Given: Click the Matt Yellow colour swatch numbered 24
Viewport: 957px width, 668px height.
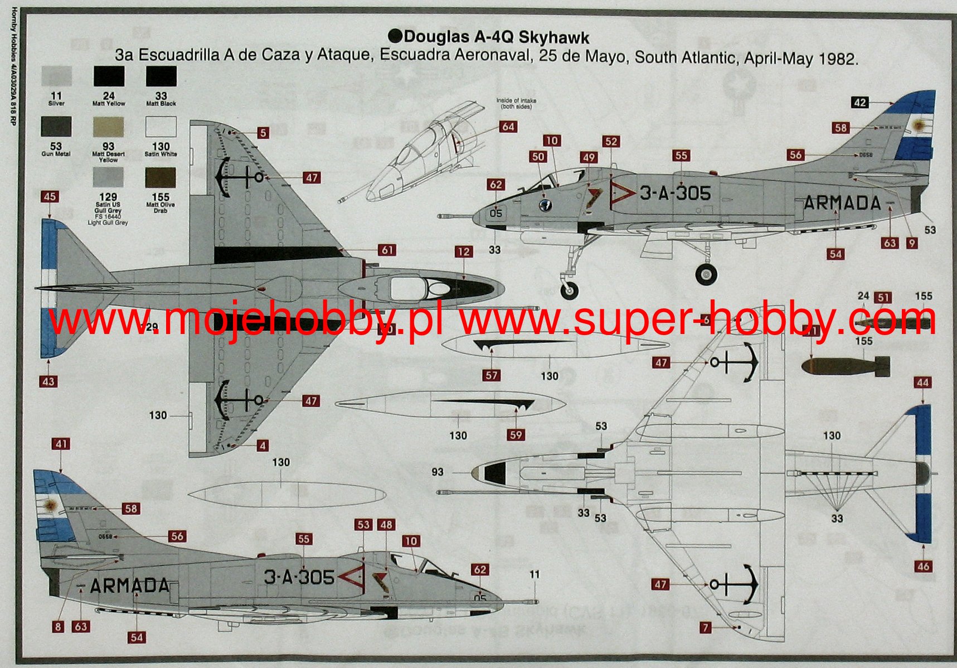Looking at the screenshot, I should (109, 76).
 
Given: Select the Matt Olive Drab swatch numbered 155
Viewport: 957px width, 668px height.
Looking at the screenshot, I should (161, 178).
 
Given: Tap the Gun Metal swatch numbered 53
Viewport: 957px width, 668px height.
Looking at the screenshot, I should (56, 127).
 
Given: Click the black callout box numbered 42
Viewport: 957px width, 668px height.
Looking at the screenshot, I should (860, 103).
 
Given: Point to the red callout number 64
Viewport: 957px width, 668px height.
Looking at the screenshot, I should (508, 127).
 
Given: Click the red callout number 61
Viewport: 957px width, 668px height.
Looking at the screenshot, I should (387, 250).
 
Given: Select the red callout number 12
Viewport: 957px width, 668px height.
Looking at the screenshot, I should (464, 252).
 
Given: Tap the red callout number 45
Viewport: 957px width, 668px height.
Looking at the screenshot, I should (49, 197).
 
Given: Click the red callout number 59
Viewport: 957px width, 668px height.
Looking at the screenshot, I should (516, 435).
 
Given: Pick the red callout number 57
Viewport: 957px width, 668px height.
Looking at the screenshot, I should (491, 375).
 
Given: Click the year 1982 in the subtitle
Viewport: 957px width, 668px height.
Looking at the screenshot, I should (836, 59).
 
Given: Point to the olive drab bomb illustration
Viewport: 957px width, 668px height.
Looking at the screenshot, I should (845, 366).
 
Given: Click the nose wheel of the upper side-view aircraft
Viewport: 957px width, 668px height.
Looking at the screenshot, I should (569, 289).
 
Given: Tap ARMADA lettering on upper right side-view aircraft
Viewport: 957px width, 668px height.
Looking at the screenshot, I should (842, 203).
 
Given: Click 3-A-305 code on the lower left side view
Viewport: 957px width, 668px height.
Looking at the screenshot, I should (299, 577).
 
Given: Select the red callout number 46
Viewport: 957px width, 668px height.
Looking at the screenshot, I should (923, 566).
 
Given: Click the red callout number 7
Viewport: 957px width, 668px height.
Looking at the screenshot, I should (706, 628).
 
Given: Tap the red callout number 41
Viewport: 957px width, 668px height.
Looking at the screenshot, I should (61, 444).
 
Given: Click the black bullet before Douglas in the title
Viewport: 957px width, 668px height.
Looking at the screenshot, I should (395, 37).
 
